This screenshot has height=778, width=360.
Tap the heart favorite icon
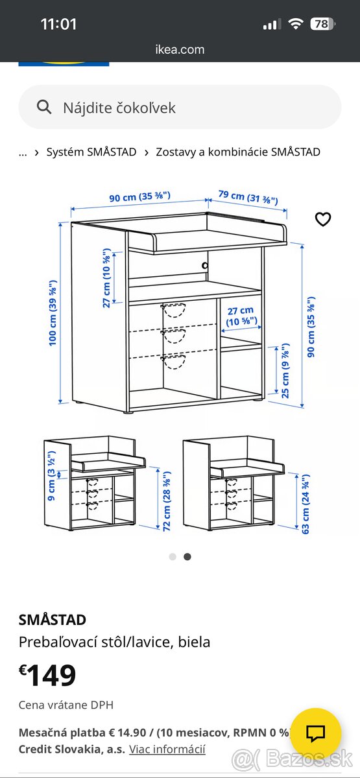pos(322,219)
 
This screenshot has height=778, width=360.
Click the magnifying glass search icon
pos(44,107)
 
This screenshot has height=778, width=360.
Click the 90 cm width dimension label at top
pos(139,196)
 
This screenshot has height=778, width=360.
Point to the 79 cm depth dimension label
pos(248,196)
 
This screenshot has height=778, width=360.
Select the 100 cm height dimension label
pos(53,312)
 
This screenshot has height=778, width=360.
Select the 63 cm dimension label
pos(305,504)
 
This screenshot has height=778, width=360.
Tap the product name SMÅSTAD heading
pos(53,620)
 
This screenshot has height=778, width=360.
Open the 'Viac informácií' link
pos(167,749)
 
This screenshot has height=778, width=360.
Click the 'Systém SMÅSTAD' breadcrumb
pos(91,152)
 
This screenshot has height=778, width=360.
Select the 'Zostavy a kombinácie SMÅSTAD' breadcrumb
pos(238,152)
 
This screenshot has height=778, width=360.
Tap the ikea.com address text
pos(180,49)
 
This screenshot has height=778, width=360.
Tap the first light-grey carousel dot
pos(173,556)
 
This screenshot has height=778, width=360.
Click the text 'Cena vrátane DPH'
pos(66,705)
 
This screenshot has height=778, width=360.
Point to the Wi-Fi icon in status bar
pos(296,24)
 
